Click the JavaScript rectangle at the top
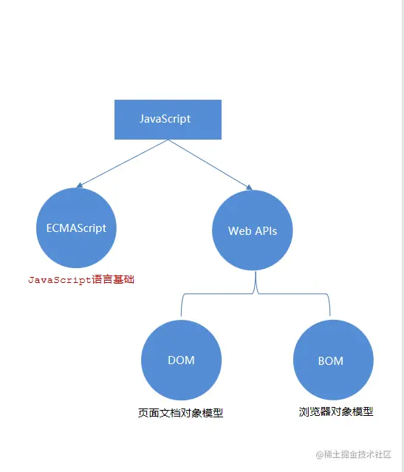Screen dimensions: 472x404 coord(168,119)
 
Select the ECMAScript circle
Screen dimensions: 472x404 coord(71,228)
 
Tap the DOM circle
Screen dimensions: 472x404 coord(180,360)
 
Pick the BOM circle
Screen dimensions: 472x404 coord(330,360)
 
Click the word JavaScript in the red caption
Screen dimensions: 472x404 coord(61,281)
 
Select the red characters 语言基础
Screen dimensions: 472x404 coord(114,281)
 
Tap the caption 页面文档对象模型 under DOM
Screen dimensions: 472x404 coord(180,413)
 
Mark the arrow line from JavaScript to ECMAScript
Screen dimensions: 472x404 coord(122,163)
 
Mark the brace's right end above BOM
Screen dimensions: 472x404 coord(329,310)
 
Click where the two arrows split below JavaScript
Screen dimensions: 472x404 coord(168,140)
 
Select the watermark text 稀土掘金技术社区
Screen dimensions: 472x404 coord(360,454)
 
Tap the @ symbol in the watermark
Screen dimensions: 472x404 coord(321,454)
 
